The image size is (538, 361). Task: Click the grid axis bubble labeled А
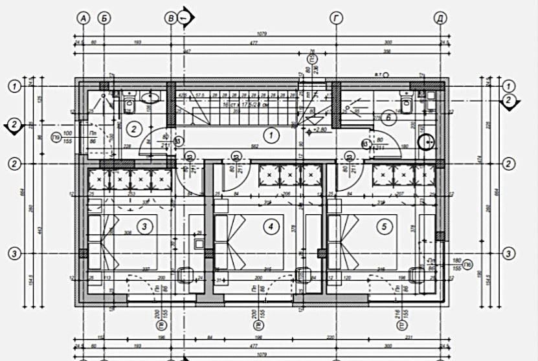tap(83, 18)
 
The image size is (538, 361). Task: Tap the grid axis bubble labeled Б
tap(104, 18)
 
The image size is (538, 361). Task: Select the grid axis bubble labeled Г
tap(335, 18)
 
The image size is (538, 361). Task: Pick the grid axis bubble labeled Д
tap(440, 18)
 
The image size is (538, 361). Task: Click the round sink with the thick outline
tap(426, 142)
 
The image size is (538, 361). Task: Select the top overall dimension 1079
tap(262, 34)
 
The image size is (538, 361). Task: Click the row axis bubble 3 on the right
tap(509, 253)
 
